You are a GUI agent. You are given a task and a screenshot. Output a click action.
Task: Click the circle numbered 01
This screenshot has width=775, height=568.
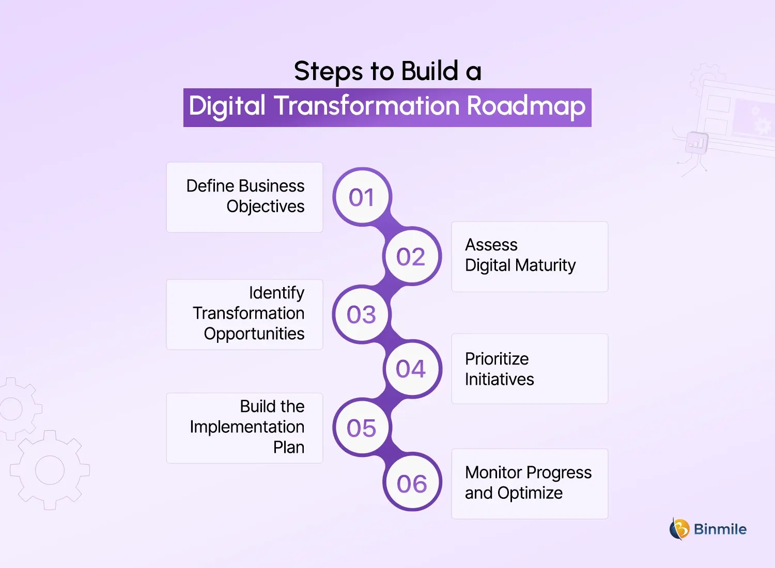tap(362, 197)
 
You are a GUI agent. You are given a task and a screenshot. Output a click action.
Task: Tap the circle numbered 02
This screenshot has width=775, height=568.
tap(411, 256)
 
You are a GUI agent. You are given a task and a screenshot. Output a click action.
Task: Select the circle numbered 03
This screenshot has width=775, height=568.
tap(361, 314)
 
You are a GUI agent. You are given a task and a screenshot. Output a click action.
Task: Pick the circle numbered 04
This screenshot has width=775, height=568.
tap(411, 369)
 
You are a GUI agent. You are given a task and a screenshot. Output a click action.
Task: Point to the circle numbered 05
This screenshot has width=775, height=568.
tap(361, 428)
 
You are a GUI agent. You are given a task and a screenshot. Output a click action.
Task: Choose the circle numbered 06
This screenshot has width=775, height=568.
tap(412, 483)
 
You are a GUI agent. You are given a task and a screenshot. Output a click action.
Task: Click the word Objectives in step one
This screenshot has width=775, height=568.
tap(266, 207)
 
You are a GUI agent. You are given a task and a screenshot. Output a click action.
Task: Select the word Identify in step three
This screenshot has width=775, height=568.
tap(276, 293)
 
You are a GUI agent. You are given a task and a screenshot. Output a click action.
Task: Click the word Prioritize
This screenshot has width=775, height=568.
tap(497, 359)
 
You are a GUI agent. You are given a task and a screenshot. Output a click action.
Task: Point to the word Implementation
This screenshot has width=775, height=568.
tap(247, 427)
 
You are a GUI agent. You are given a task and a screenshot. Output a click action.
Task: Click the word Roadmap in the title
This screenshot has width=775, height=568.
tap(526, 106)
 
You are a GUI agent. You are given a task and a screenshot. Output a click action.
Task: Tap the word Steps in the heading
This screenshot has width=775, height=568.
tap(328, 71)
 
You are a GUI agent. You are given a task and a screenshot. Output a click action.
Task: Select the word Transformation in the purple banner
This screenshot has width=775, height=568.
tap(367, 106)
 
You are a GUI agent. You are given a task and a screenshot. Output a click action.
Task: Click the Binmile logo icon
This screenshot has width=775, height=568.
tap(679, 529)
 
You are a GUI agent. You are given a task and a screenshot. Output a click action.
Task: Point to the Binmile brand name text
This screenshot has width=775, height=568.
tap(720, 529)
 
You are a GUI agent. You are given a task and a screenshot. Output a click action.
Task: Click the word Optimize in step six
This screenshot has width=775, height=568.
tap(530, 494)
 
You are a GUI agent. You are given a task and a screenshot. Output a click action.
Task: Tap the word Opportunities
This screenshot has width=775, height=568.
tap(254, 334)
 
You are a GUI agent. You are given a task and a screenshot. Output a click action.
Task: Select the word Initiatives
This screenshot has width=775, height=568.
tap(499, 380)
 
